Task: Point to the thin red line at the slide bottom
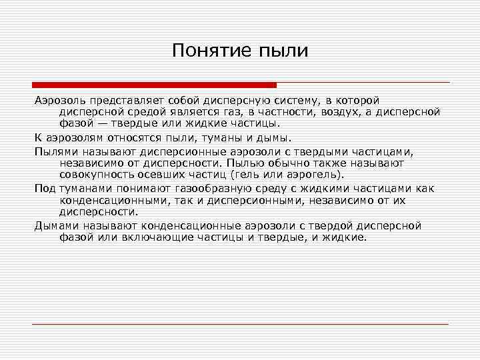[240, 324]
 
